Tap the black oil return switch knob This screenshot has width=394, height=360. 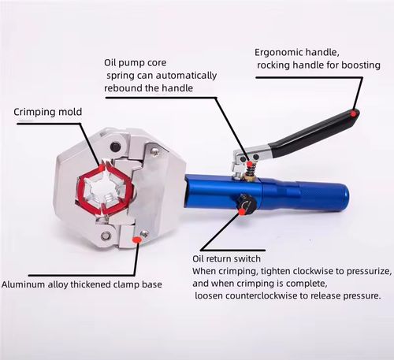pyautogui.click(x=244, y=206)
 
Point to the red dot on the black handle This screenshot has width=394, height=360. pyautogui.click(x=354, y=113)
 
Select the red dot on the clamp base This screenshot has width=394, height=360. pyautogui.click(x=137, y=239)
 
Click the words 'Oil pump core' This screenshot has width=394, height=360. pyautogui.click(x=139, y=61)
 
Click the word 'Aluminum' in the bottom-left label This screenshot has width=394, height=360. pyautogui.click(x=24, y=284)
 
